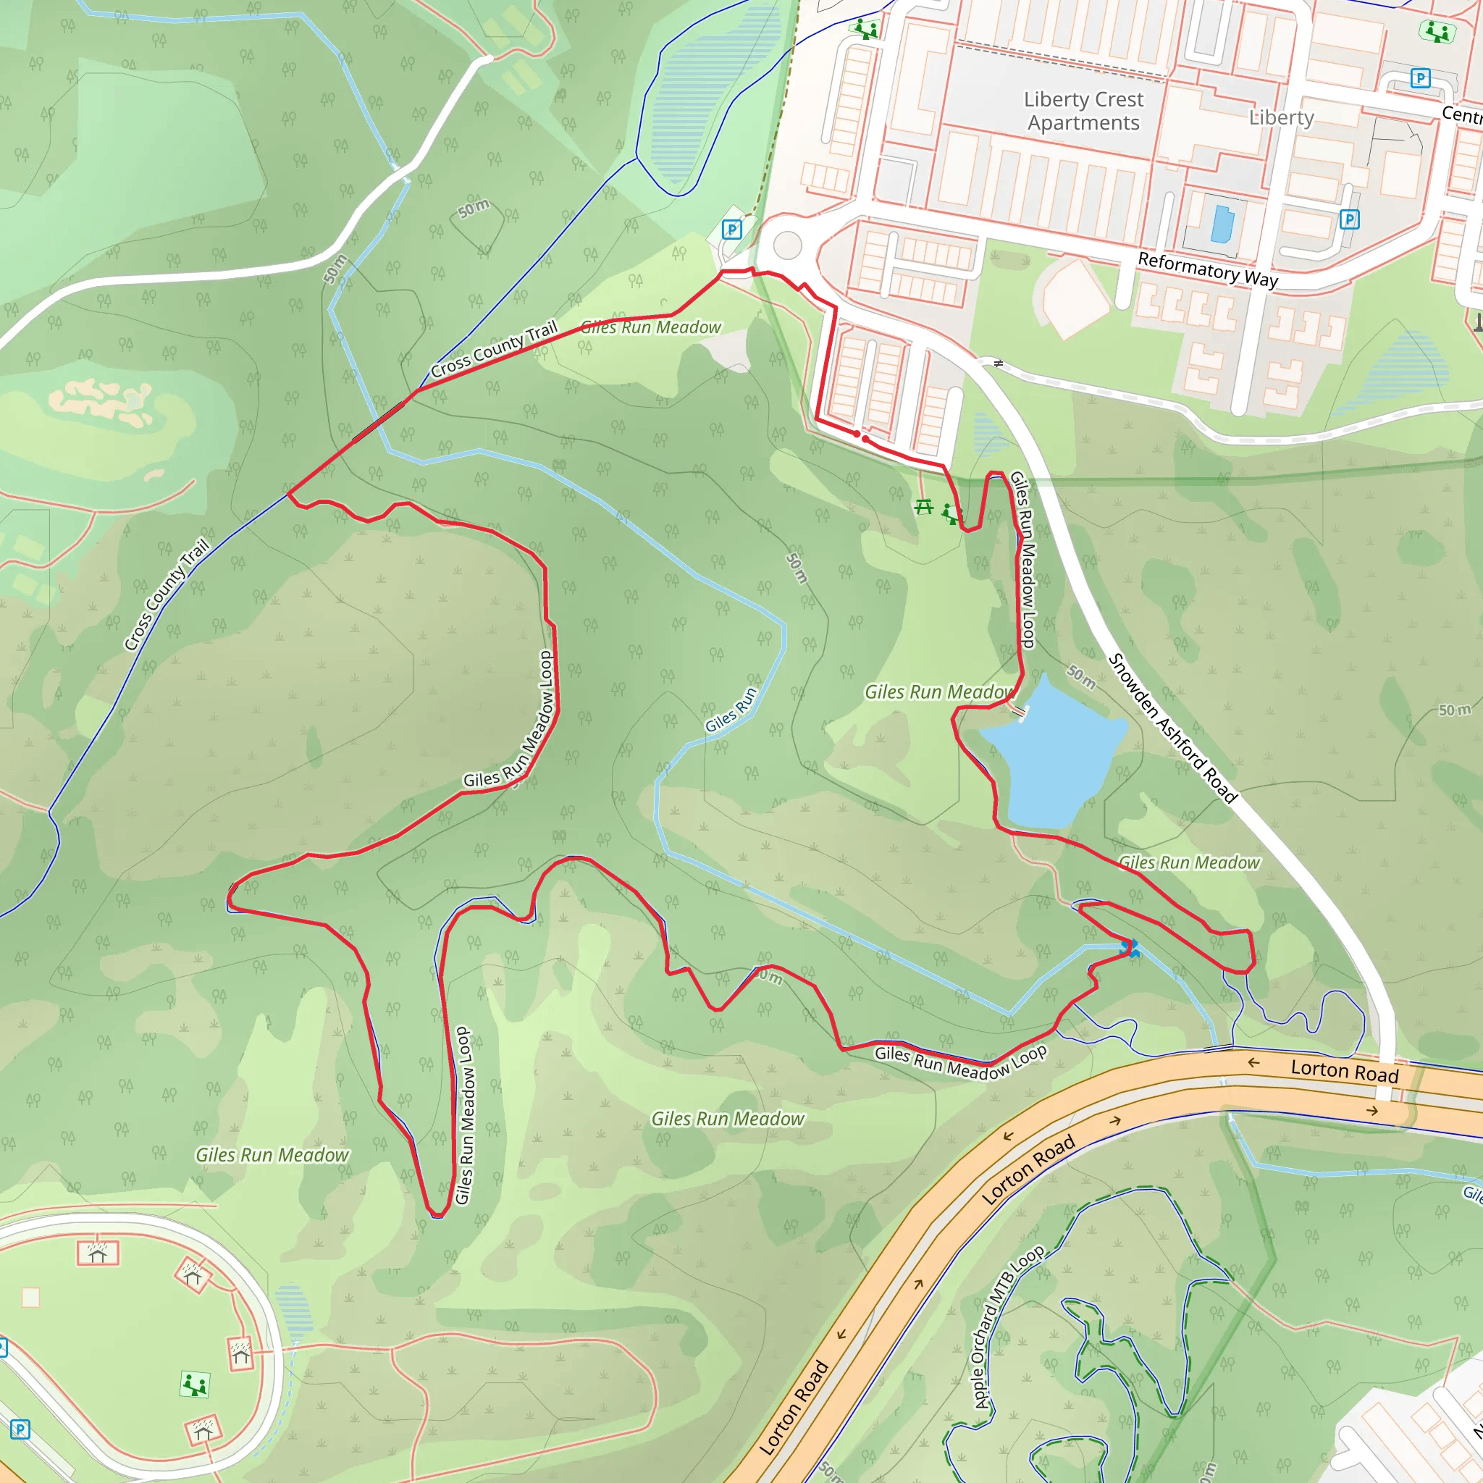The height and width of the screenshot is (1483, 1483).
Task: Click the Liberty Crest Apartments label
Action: click(1083, 111)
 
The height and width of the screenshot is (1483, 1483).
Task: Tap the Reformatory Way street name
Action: click(1207, 269)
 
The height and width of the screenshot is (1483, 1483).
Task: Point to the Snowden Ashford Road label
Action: click(1172, 728)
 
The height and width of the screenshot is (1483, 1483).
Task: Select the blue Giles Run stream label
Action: click(731, 710)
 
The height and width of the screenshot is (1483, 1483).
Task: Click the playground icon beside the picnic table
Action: click(951, 513)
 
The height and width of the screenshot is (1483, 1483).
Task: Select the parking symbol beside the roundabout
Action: click(731, 229)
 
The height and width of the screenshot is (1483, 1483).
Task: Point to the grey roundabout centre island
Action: click(787, 245)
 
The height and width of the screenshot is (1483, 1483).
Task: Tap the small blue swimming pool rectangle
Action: click(1222, 223)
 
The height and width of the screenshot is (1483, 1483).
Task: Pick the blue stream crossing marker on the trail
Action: click(1129, 949)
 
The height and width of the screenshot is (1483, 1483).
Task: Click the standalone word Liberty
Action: click(1281, 117)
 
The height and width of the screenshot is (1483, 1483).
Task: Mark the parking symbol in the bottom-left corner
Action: click(20, 1429)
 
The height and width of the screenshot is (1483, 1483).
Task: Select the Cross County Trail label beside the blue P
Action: click(494, 350)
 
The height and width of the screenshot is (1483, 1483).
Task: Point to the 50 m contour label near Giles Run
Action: click(797, 568)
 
